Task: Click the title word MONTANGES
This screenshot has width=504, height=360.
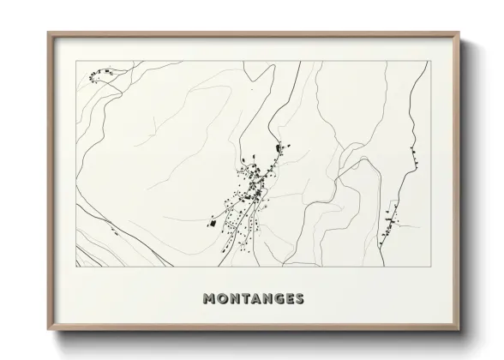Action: point(253,299)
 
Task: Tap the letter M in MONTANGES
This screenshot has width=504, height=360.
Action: point(208,299)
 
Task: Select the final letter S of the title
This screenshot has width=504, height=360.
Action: point(298,299)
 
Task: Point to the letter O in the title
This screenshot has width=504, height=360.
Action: point(220,299)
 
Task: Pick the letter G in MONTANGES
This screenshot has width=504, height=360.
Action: point(275,299)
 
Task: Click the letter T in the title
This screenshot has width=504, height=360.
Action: point(243,299)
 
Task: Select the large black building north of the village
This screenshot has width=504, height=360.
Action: point(277,150)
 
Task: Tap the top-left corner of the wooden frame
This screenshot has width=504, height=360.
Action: point(48,33)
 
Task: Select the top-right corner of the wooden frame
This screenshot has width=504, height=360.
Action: point(459,33)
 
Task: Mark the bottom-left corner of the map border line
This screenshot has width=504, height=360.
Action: point(76,267)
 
